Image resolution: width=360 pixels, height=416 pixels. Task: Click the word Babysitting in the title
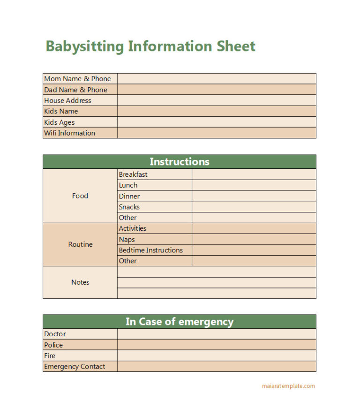point(85,46)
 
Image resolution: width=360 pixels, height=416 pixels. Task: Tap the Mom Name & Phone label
point(77,79)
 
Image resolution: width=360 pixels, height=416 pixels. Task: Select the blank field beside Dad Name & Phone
point(216,90)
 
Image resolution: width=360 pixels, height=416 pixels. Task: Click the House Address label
point(67,100)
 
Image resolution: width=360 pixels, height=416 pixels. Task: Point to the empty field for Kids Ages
point(216,122)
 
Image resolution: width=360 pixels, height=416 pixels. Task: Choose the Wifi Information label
point(69,133)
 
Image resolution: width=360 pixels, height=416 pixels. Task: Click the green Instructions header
point(180,162)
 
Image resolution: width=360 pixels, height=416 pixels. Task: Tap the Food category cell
point(80,196)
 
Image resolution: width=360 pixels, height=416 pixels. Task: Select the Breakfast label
point(133,174)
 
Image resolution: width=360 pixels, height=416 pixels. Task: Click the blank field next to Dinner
point(254,196)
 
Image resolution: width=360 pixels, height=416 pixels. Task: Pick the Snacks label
point(129,207)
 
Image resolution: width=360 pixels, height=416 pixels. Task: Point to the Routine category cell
point(80,244)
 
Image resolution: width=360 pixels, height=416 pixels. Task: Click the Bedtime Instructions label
point(151,250)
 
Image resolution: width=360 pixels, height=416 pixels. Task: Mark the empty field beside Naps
point(254,239)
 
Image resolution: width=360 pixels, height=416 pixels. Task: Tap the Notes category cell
point(80,282)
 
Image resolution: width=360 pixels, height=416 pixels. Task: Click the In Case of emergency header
point(180,322)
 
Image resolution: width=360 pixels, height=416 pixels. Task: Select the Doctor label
point(55,334)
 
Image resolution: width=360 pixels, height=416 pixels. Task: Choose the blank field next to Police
point(216,345)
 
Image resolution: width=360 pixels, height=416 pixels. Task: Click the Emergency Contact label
point(75,366)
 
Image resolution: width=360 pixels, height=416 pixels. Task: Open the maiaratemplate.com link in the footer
point(288,386)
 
